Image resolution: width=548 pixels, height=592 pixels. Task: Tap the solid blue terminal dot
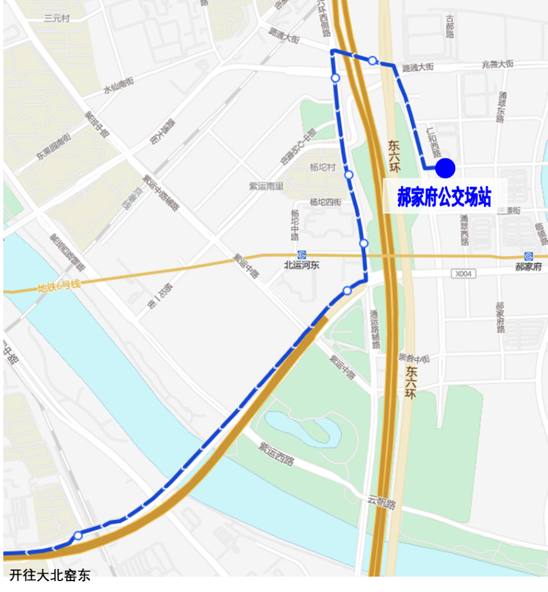[x=445, y=168]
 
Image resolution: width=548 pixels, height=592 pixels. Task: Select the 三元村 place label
[x=56, y=18]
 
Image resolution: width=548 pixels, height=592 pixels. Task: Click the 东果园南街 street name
[x=53, y=146]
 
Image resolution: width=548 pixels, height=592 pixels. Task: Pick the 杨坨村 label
[x=322, y=167]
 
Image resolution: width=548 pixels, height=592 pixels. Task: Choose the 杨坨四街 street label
[x=325, y=202]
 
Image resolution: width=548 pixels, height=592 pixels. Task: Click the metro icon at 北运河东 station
[x=302, y=255]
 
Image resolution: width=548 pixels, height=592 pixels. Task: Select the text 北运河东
[x=302, y=265]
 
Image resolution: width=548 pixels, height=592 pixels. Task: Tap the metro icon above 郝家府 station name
[x=528, y=256]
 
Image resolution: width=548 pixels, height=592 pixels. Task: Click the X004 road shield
[x=463, y=274]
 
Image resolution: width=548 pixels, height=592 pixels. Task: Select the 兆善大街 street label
[x=497, y=65]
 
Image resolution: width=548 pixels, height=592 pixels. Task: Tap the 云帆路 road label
[x=382, y=503]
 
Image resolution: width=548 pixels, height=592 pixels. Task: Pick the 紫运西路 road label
[x=276, y=454]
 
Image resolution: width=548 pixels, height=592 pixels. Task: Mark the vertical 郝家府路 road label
[x=500, y=317]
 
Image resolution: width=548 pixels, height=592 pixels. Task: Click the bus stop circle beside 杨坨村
[x=348, y=174]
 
